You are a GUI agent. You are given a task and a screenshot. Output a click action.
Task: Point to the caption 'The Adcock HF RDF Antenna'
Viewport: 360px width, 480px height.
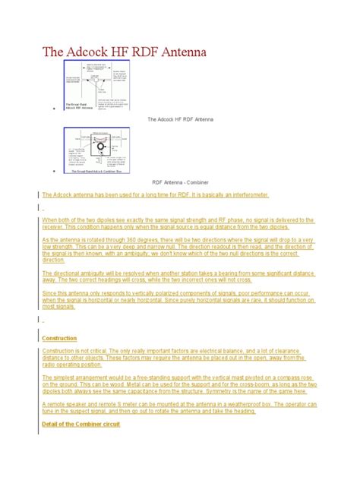(180, 119)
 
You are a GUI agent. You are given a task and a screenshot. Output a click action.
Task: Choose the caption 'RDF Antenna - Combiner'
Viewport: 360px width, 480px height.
(180, 182)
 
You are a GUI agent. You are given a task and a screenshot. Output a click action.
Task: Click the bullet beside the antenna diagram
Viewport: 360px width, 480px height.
(55, 112)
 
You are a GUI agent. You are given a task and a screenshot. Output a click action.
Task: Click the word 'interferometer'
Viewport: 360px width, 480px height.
(245, 195)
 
